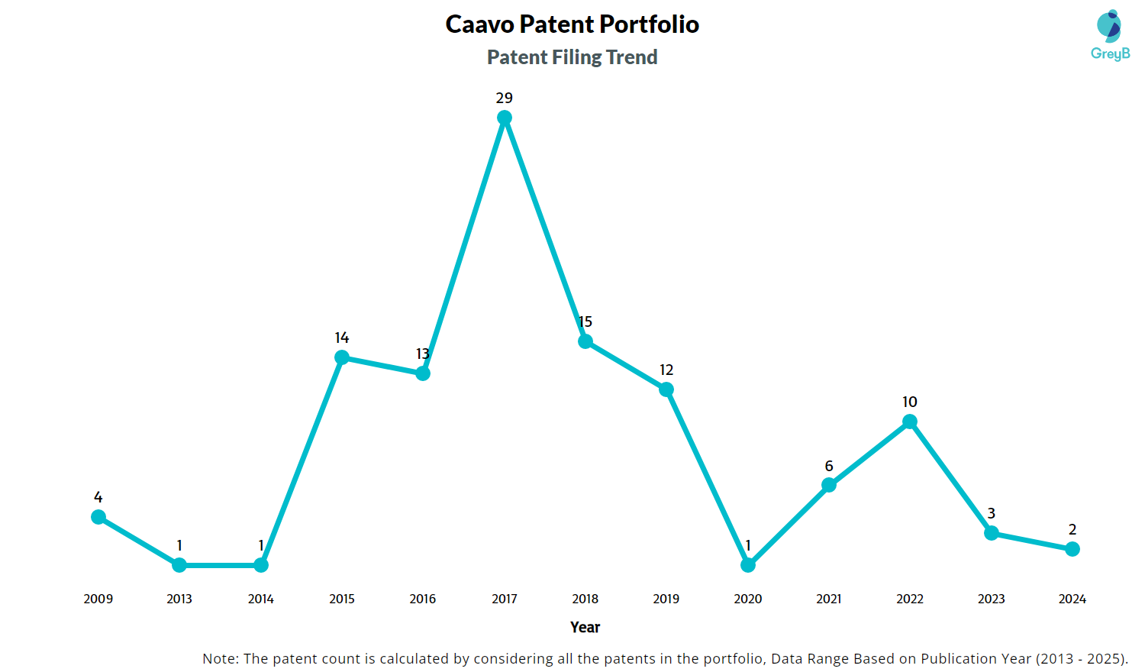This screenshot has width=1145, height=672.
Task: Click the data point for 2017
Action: click(x=505, y=118)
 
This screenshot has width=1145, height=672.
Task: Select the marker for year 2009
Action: click(x=98, y=517)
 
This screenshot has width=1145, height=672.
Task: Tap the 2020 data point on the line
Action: click(x=748, y=565)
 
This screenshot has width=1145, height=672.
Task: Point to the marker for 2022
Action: click(x=910, y=422)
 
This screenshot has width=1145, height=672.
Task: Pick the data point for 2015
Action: click(x=342, y=357)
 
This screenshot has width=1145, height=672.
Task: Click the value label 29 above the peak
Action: click(x=505, y=98)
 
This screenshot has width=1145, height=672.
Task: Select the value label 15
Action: click(x=585, y=321)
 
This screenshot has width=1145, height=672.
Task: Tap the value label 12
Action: click(x=666, y=370)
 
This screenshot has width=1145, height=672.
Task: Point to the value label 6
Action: click(x=829, y=466)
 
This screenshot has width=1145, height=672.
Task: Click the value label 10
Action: click(x=910, y=402)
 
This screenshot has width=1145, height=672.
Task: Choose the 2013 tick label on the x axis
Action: click(x=179, y=599)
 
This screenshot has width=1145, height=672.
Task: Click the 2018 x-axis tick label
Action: click(x=585, y=599)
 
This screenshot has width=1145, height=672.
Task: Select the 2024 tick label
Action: click(x=1072, y=599)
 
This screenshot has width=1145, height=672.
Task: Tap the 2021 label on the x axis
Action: click(x=829, y=599)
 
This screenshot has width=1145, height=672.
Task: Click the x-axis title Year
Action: click(x=585, y=627)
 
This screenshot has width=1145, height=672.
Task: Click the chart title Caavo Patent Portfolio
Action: click(x=572, y=24)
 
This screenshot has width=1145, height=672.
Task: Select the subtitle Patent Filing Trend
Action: click(x=572, y=57)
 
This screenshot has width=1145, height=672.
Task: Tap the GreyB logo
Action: click(x=1110, y=35)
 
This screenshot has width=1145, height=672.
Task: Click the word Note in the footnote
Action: click(x=219, y=658)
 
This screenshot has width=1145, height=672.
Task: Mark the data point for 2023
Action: click(x=992, y=533)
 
